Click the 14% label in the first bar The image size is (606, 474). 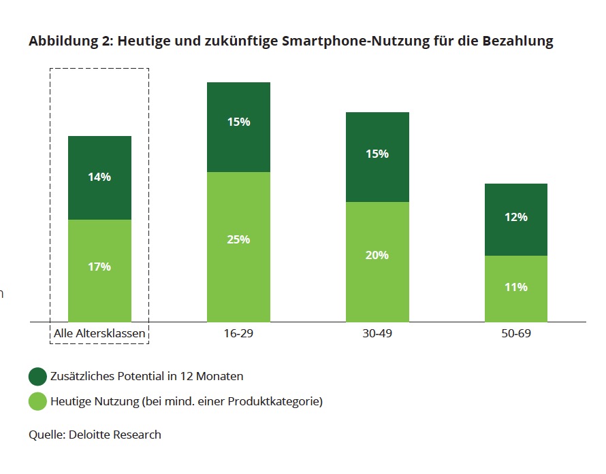[99, 177]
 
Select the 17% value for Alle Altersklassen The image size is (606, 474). [99, 267]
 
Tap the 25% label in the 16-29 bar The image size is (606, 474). [239, 239]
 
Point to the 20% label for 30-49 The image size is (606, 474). [377, 255]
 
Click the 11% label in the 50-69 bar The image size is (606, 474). [516, 287]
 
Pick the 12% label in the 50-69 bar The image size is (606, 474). [516, 217]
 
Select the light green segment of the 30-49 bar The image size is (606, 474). [377, 286]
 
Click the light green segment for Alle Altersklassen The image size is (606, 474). [99, 292]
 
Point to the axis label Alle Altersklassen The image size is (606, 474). [99, 334]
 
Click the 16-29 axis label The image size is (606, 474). [239, 334]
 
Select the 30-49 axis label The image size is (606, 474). [377, 334]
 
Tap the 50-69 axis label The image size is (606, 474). [516, 334]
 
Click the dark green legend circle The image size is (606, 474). [37, 376]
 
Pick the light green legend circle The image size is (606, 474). [37, 401]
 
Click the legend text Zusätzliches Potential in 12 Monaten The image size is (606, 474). [146, 376]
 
